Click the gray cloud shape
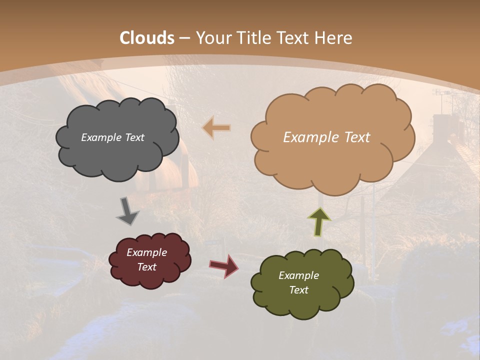117,155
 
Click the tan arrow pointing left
216,128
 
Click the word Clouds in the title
147,38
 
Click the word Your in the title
210,38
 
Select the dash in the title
184,38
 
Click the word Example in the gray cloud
102,137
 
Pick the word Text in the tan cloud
353,137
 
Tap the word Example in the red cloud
146,252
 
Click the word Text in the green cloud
298,290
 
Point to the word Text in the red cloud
146,267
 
